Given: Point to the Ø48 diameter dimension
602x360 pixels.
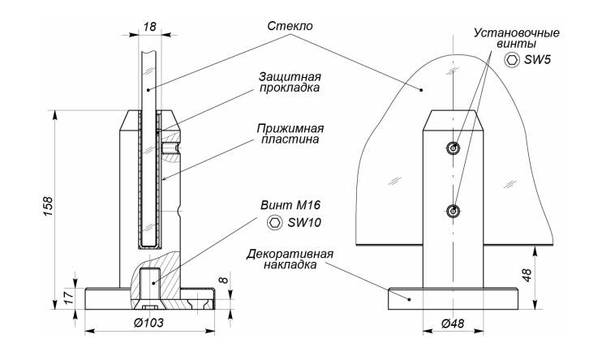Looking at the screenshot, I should [x=453, y=323].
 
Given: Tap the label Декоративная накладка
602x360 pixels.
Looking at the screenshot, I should [x=290, y=259].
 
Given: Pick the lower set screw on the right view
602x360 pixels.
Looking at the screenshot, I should [x=453, y=212].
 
